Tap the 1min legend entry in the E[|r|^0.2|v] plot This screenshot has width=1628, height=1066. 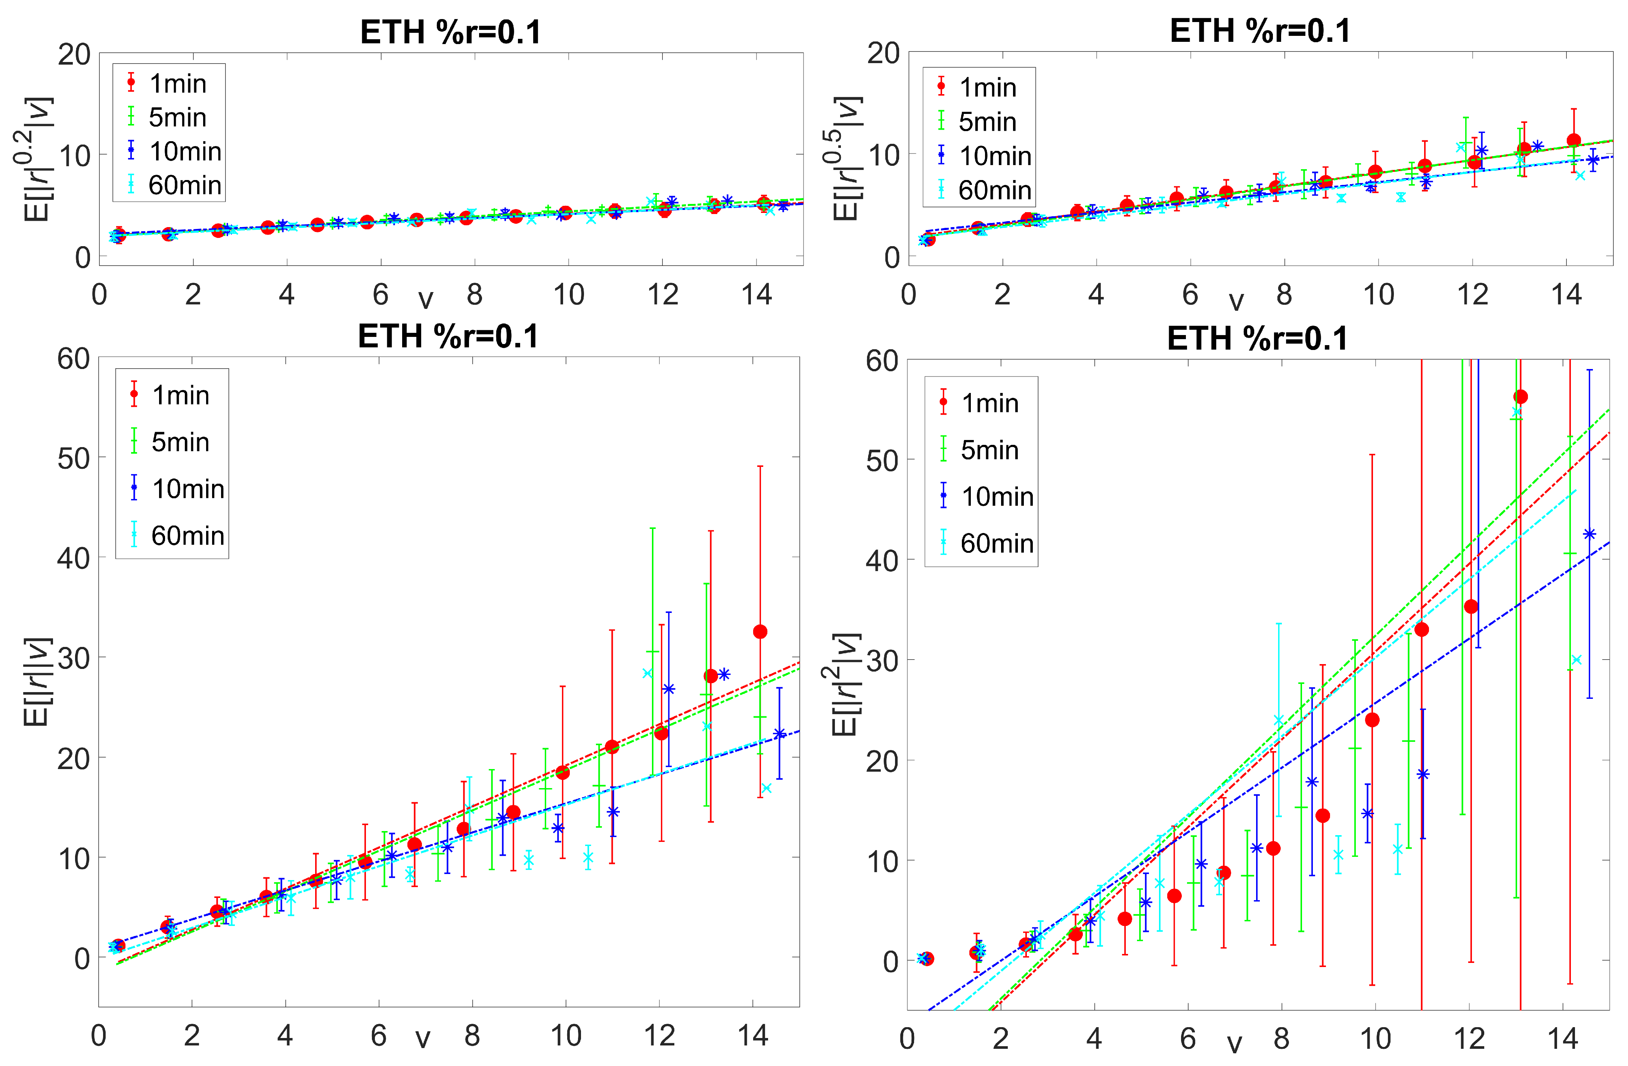[x=177, y=83]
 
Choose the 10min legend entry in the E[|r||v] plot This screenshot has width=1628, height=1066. [x=187, y=489]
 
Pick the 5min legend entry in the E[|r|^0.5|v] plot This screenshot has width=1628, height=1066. [x=987, y=122]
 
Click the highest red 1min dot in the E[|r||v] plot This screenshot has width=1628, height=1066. [x=760, y=632]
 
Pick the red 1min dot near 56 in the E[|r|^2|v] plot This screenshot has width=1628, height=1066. [x=1520, y=397]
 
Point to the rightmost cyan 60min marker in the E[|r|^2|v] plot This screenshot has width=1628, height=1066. [x=1577, y=660]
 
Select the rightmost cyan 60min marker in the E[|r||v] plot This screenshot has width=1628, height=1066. [x=766, y=788]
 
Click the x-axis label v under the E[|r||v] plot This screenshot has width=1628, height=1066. [x=423, y=1039]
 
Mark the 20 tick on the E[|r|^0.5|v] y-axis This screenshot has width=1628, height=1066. [x=883, y=53]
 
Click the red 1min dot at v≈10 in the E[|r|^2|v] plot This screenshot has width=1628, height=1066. [x=1371, y=720]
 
